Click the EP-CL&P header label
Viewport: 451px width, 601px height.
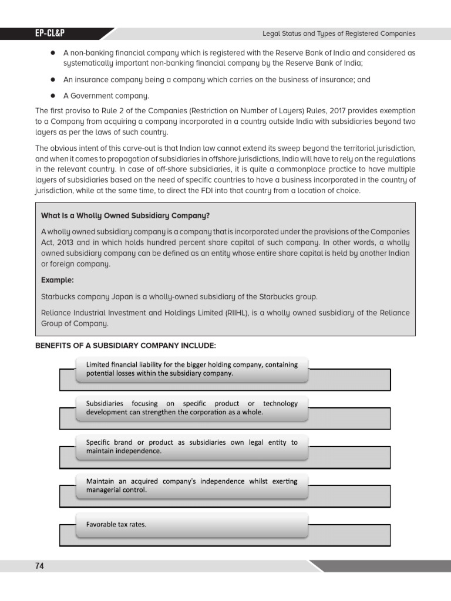(x=51, y=34)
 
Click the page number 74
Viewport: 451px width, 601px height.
(x=40, y=566)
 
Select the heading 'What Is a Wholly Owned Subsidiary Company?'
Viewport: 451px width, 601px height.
(x=126, y=215)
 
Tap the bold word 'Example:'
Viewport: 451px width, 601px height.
(x=58, y=280)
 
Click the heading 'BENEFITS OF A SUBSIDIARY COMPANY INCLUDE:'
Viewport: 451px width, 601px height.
(x=126, y=345)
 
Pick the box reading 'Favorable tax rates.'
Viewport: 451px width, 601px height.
(x=191, y=525)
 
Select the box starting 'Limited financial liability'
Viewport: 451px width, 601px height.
(x=191, y=369)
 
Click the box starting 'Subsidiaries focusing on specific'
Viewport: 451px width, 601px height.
(x=191, y=408)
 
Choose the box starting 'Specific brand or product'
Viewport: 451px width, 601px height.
(x=191, y=447)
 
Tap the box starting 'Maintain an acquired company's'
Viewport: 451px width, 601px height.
(x=191, y=485)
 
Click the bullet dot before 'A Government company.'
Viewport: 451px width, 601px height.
(x=52, y=96)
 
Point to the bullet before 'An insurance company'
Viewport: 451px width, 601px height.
(x=52, y=80)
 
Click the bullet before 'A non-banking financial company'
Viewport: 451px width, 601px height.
(x=52, y=53)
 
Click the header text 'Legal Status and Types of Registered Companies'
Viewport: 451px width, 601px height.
(x=338, y=34)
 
